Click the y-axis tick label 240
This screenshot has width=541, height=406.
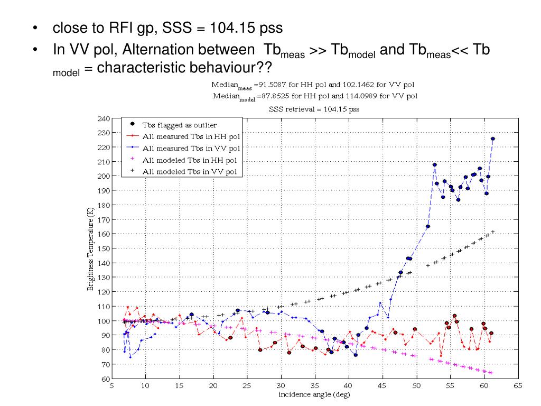point(104,118)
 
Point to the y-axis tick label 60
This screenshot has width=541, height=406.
point(105,379)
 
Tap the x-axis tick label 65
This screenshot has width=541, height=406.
point(518,386)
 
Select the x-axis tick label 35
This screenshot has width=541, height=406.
point(314,386)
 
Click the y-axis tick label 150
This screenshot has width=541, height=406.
point(104,248)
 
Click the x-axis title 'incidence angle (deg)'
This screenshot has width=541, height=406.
point(314,394)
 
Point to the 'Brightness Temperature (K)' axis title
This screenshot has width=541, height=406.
point(91,248)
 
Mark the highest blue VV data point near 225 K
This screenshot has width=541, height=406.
point(493,139)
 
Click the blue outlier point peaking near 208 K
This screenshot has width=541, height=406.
point(434,164)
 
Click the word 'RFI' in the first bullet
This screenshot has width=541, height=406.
point(123,27)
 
